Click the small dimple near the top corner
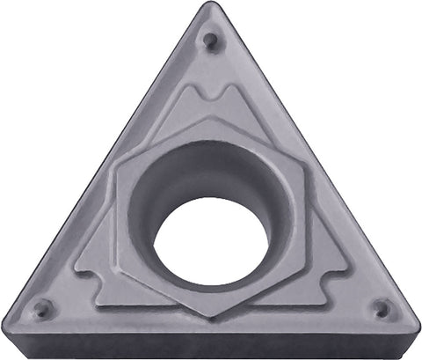point(209,40)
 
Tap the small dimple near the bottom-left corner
point(41,308)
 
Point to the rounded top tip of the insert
point(209,7)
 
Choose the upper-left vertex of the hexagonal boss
point(119,167)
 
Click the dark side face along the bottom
point(211,346)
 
